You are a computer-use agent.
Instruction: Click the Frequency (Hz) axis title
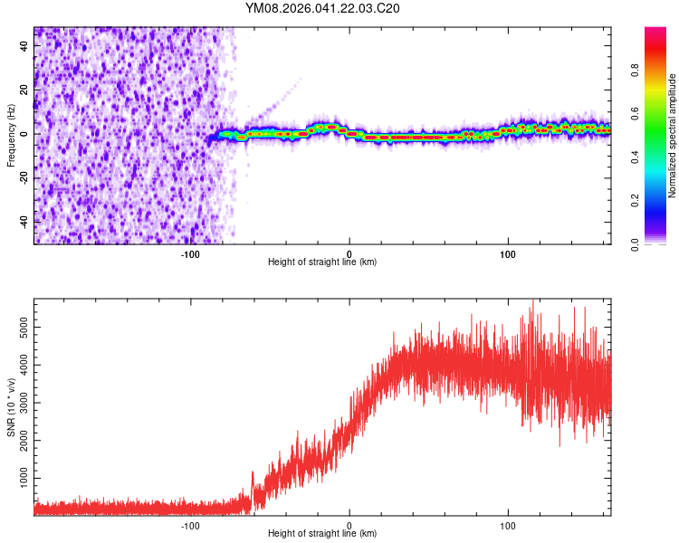[x=11, y=135]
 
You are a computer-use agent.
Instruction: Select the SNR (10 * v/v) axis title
[x=11, y=410]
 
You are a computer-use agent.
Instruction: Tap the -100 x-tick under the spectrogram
[x=190, y=254]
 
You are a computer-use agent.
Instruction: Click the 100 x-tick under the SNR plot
[x=508, y=526]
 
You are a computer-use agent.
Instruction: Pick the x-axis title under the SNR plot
[x=322, y=534]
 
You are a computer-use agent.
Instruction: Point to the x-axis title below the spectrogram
[x=322, y=262]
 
